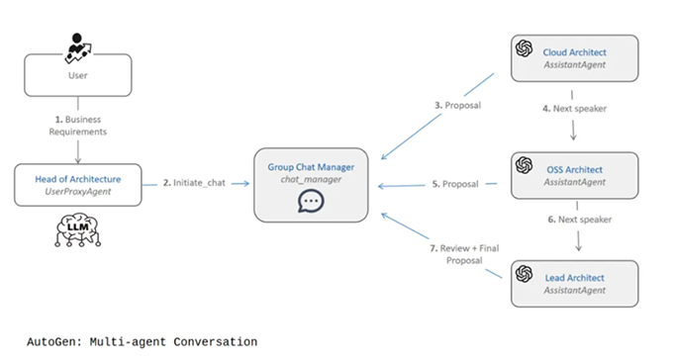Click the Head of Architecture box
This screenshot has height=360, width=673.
coord(77,185)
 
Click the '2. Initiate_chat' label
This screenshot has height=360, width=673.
coord(193,184)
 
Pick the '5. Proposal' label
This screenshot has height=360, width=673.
coord(458,184)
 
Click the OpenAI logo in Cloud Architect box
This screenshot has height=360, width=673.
coord(526,48)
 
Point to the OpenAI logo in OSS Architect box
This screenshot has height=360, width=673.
coord(526,165)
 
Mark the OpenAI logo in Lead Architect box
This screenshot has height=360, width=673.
coord(526,276)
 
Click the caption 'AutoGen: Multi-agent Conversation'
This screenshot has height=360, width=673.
coord(130,342)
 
